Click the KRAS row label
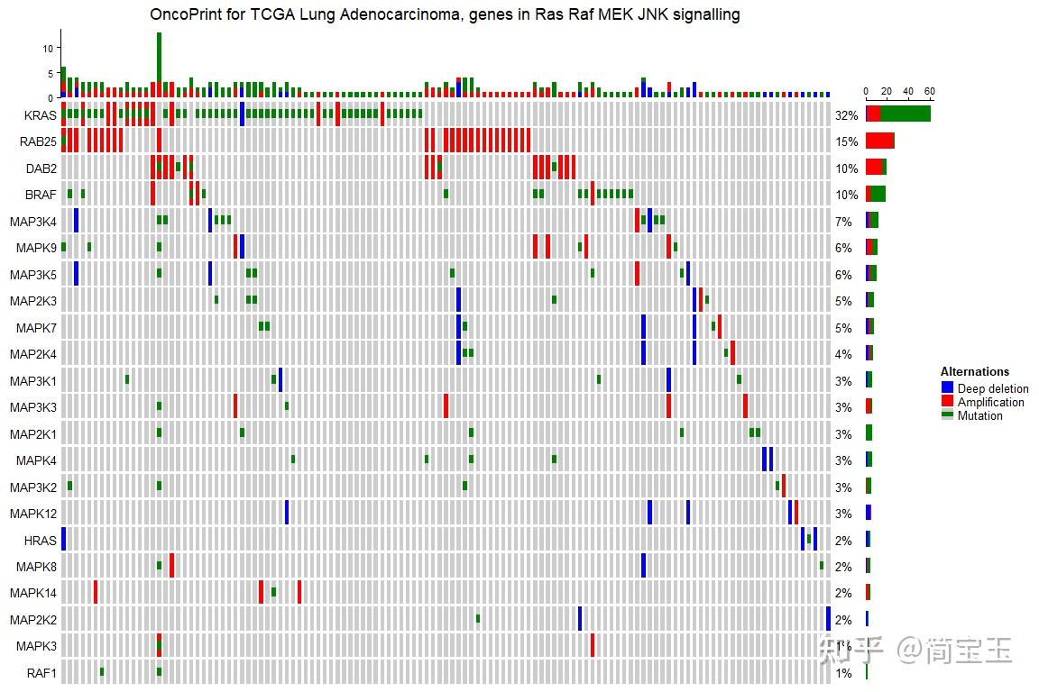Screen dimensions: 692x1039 [x=40, y=115]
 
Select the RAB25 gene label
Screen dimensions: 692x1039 [x=38, y=141]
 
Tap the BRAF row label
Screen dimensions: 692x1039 [x=41, y=195]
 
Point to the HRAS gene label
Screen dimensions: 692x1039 [x=41, y=541]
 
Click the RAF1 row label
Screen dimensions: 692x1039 [x=41, y=672]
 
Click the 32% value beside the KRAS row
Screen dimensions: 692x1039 [x=846, y=115]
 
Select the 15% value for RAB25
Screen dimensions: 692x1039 [x=846, y=141]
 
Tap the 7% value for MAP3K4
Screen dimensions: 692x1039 [x=843, y=222]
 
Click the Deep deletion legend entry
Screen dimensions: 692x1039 [x=992, y=388]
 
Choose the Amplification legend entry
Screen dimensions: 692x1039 [x=990, y=402]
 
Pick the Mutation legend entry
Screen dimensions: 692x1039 [x=979, y=415]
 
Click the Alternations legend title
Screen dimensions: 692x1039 [x=974, y=371]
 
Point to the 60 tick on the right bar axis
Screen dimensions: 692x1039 [x=930, y=91]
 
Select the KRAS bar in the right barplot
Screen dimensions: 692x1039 [x=898, y=114]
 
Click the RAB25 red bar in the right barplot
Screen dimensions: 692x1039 [x=879, y=141]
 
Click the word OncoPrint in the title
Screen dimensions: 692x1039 [x=188, y=14]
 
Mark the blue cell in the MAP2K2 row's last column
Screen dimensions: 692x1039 [x=828, y=618]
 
